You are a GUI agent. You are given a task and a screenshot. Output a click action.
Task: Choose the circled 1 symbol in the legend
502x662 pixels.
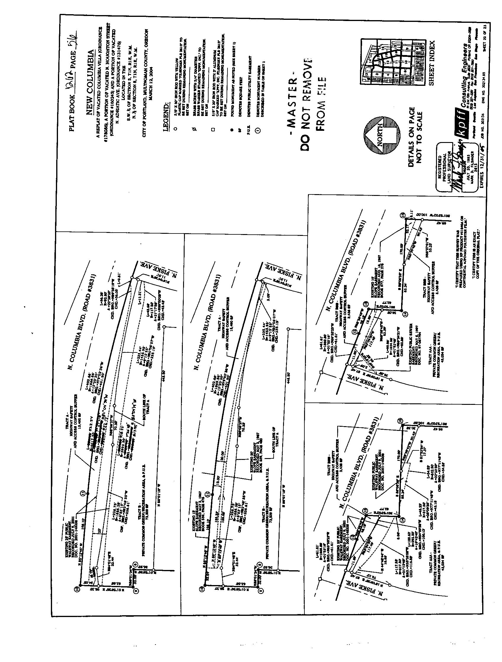click(259, 130)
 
